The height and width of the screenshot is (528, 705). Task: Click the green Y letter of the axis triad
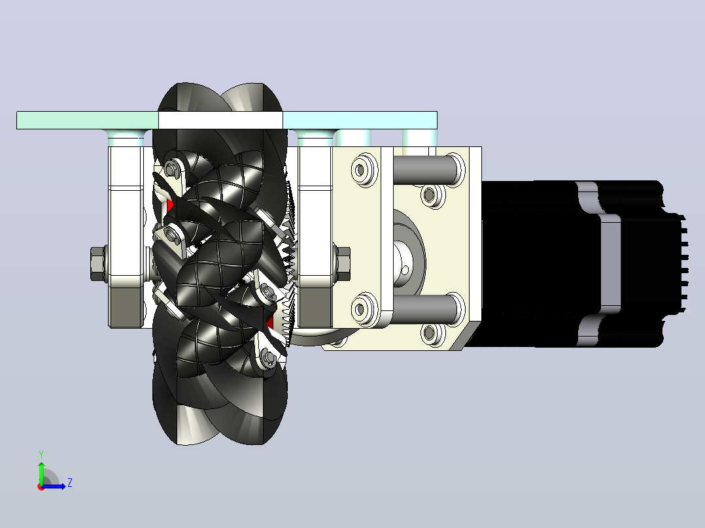click(41, 454)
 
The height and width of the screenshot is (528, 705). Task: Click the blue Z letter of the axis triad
click(70, 483)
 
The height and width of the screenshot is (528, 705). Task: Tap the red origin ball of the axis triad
click(41, 487)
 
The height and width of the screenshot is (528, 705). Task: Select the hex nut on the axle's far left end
click(99, 264)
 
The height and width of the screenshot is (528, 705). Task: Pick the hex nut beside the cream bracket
click(343, 264)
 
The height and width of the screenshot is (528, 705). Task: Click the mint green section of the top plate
click(88, 120)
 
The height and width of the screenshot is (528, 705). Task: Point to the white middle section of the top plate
click(221, 120)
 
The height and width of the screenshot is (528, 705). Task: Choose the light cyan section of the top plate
click(360, 120)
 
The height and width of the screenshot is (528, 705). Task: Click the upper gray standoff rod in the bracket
click(426, 169)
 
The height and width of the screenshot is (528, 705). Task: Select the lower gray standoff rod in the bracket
click(426, 308)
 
